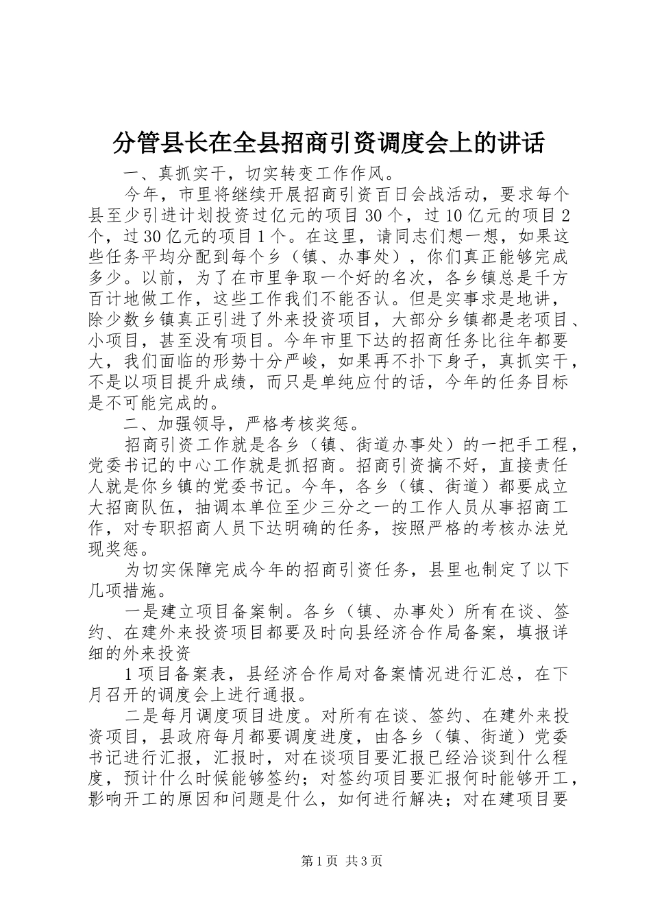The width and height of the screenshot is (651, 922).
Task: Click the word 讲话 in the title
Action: (x=524, y=143)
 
